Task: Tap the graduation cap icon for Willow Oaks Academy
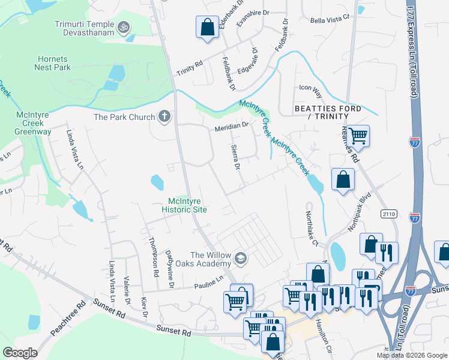(241, 259)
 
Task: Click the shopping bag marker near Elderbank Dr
(207, 27)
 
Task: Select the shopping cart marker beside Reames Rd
(358, 136)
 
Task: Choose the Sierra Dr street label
(236, 157)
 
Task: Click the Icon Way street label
(310, 88)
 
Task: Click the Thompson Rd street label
(154, 256)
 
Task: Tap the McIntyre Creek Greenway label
(34, 122)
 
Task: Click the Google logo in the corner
(20, 353)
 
